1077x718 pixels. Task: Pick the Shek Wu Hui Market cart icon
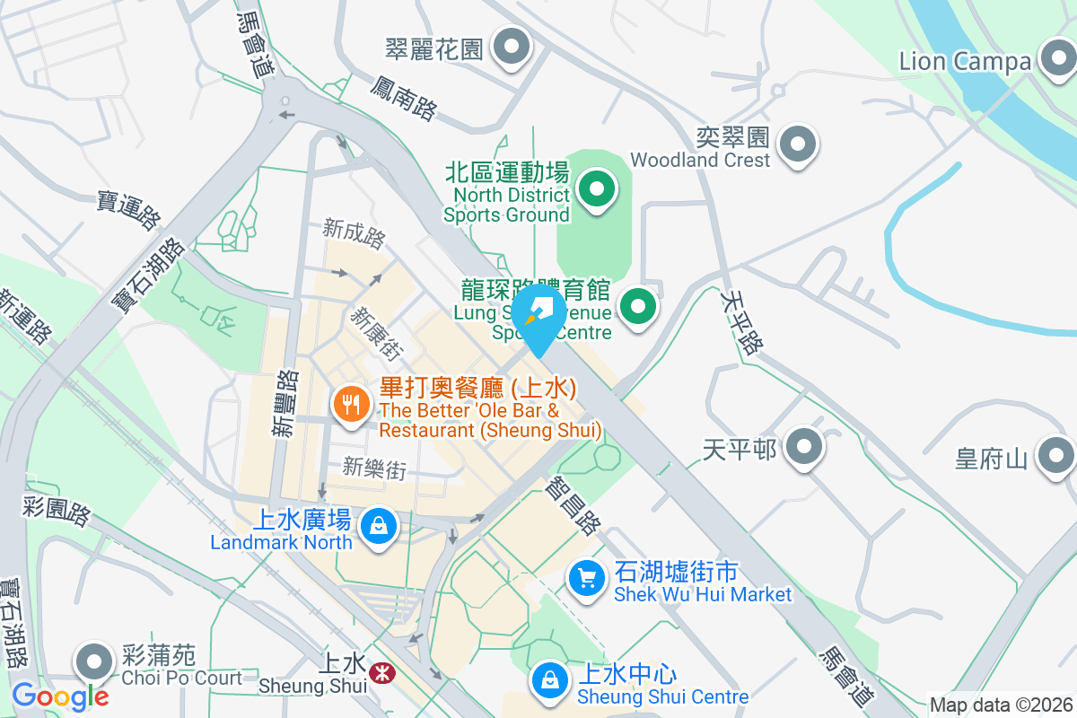coord(587,579)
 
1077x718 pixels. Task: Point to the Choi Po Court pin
coord(94,663)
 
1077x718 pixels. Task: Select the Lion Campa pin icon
coord(1056,59)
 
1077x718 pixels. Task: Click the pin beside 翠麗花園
coord(512,47)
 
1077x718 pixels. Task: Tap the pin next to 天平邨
coord(803,446)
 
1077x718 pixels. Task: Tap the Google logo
coord(60,696)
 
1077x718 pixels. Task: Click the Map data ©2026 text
coord(1002,705)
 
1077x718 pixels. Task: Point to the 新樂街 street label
coord(373,468)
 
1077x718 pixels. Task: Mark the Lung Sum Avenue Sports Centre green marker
coord(638,307)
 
